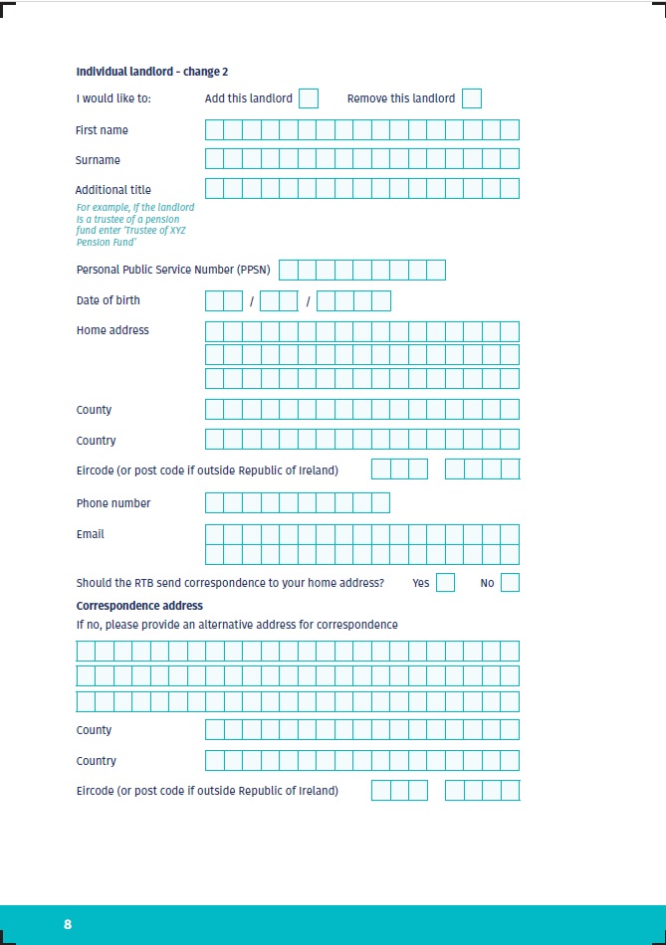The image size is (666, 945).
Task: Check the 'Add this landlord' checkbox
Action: coord(309,97)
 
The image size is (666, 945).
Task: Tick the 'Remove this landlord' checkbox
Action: coord(472,97)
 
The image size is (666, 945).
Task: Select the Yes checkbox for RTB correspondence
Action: coord(445,583)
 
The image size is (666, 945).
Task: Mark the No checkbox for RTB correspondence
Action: coord(510,583)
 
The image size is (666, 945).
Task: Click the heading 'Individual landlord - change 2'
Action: coord(152,72)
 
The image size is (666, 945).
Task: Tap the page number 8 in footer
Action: coord(68,924)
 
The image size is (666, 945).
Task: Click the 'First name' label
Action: coord(102,130)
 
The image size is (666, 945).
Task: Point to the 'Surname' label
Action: coord(98,160)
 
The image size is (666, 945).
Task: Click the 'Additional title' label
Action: coord(113,190)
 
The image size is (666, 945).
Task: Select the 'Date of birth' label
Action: coord(109,300)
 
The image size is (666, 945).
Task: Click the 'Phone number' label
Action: coord(113,503)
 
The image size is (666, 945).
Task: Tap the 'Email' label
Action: coord(91,534)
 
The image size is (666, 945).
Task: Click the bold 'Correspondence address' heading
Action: coord(139,606)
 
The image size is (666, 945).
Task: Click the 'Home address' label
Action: coord(112,330)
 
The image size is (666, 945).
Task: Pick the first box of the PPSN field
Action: coord(289,270)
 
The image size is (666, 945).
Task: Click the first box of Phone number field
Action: coord(214,502)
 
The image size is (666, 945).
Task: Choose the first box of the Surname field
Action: coord(214,159)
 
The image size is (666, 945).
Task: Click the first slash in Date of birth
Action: coord(252,301)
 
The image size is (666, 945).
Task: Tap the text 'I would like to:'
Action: coord(112,98)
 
